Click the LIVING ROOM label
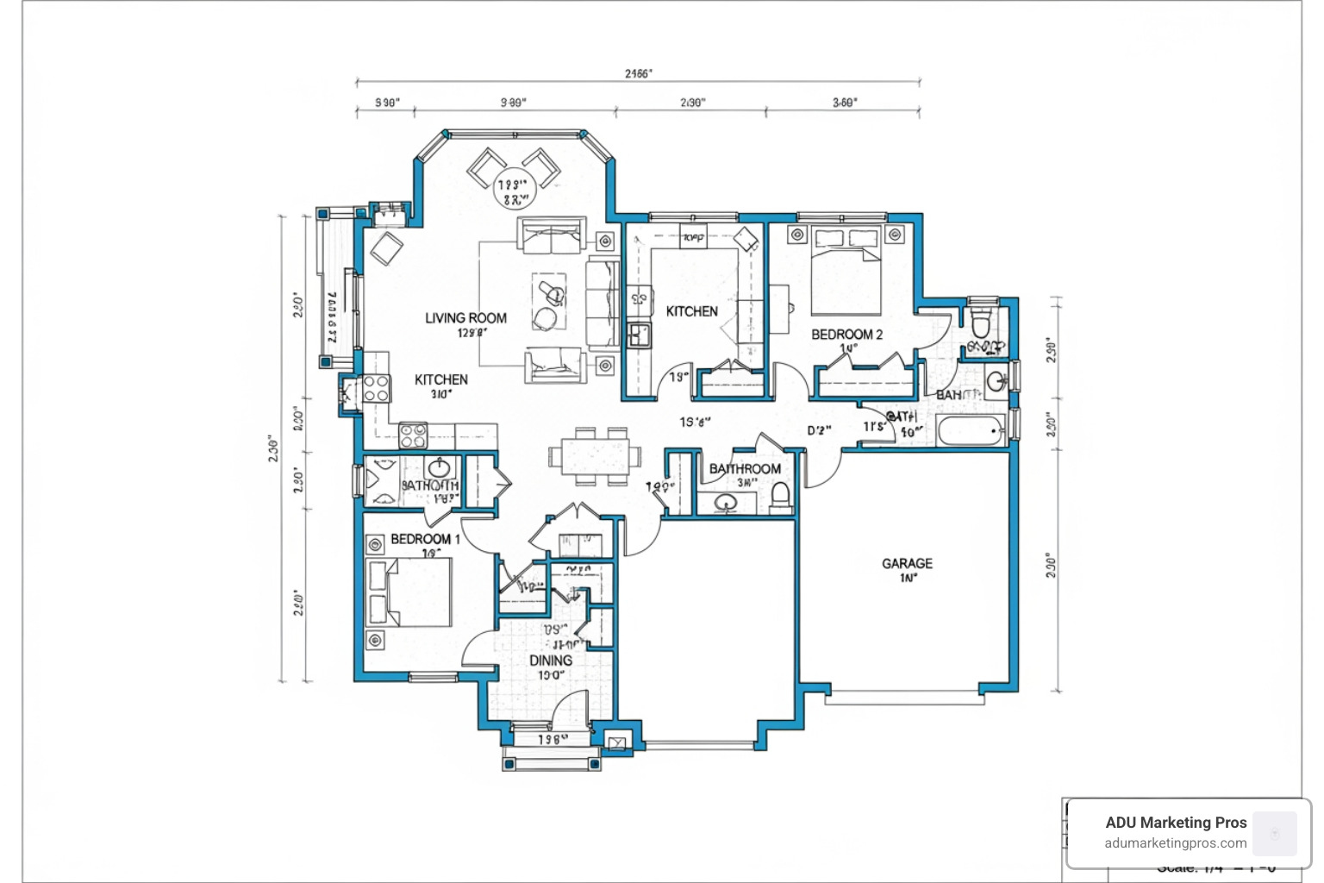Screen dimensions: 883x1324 465,318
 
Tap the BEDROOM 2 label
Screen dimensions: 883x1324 846,335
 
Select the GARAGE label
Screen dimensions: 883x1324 907,563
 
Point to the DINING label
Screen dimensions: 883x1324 551,661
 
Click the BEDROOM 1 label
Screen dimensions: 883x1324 425,539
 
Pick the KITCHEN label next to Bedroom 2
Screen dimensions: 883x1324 691,311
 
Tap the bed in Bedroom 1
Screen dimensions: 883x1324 411,592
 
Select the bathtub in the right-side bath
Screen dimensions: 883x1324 971,430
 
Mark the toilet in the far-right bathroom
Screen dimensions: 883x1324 981,323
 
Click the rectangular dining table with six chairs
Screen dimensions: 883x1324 595,454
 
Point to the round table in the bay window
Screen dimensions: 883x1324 513,188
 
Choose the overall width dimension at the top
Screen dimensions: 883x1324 638,74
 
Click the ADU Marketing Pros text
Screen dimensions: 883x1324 1176,823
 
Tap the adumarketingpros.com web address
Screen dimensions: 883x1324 1176,843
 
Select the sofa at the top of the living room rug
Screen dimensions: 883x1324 552,235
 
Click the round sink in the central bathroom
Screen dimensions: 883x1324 725,503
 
